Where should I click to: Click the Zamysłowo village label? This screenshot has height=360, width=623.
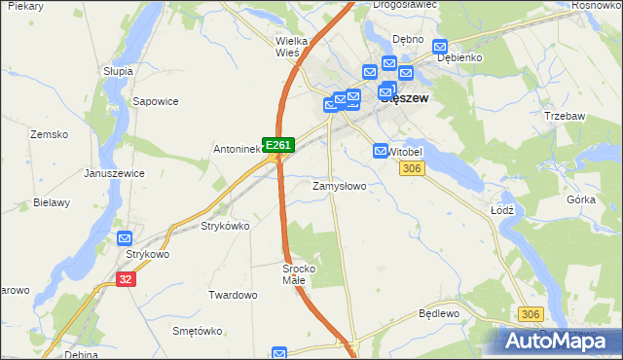point(339,185)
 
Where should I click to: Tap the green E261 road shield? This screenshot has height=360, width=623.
point(278,145)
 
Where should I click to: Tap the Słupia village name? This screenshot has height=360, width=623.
point(118,71)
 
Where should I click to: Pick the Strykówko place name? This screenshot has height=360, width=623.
point(225,226)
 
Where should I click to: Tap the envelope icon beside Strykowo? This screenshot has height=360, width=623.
point(125,238)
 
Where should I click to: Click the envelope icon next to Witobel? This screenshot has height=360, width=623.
point(381,151)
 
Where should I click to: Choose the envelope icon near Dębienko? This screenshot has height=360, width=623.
point(439,46)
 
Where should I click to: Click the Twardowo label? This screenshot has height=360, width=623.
point(233,294)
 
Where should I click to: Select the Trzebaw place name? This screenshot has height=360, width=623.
point(565,115)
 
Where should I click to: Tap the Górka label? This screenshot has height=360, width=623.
point(580,199)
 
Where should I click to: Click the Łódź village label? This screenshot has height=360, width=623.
point(502,209)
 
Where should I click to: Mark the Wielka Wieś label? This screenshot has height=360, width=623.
point(292,47)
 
